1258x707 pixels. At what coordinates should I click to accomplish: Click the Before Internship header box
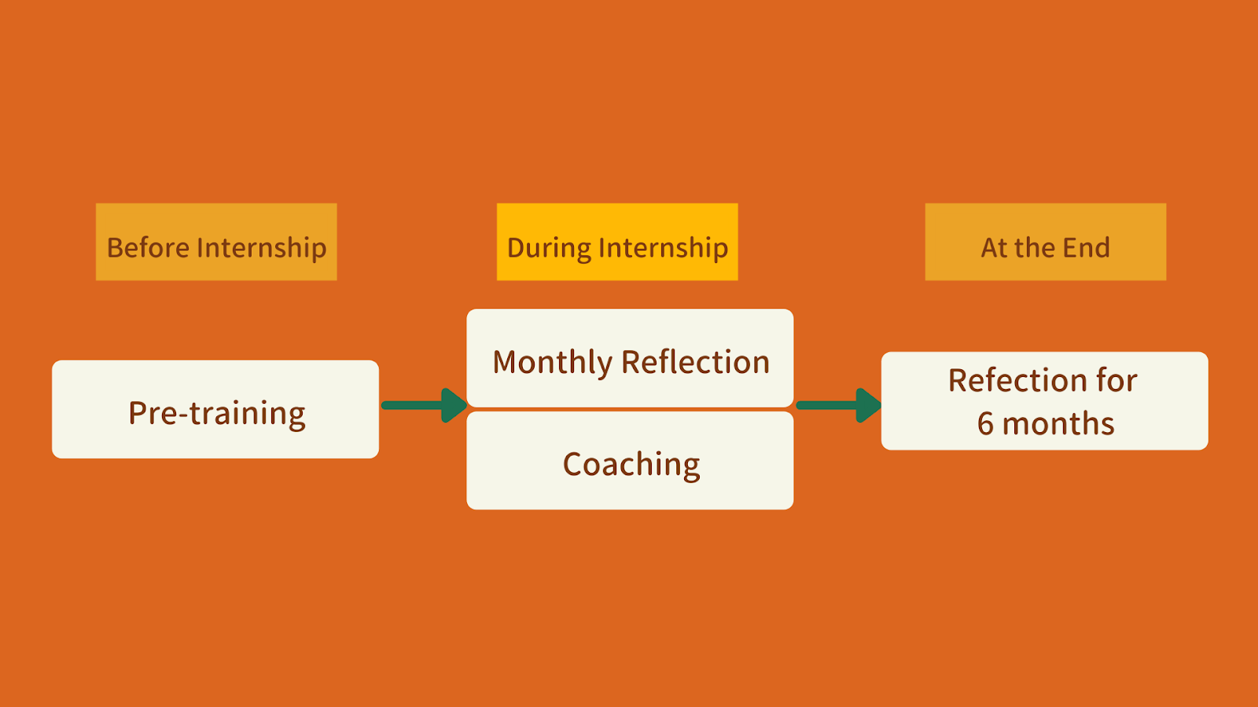216,242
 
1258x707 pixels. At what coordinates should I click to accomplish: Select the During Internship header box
617,242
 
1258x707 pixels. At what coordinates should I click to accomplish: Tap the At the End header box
1045,242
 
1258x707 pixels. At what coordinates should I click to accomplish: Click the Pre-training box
215,409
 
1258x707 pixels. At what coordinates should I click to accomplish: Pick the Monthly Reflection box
630,358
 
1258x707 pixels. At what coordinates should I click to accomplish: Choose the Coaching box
630,461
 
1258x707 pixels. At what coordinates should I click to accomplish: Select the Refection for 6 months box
1044,401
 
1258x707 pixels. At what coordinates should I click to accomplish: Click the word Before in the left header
148,247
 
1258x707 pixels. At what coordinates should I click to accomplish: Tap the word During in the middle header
549,248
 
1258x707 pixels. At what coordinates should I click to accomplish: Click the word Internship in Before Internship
261,248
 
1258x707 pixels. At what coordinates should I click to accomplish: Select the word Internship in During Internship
663,248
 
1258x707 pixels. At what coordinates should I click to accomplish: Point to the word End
1086,247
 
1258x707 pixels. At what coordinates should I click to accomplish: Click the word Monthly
552,363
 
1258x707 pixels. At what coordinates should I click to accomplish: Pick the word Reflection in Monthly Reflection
695,362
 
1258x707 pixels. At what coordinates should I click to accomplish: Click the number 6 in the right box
985,424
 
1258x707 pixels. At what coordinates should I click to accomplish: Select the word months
1058,424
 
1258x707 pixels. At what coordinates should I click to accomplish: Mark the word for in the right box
1116,380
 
